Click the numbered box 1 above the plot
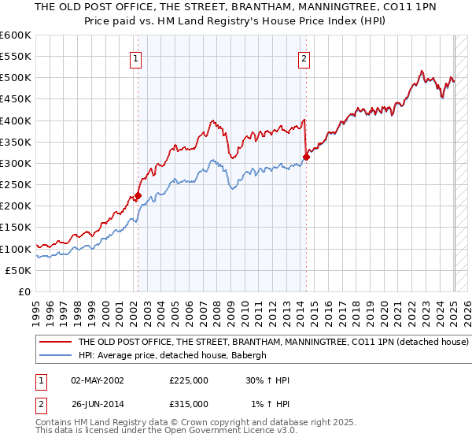pos(136,57)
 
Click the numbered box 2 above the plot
pos(304,57)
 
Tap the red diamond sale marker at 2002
pos(138,196)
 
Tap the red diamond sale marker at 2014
pos(306,157)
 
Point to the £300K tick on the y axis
pos(16,164)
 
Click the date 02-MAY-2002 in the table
pos(97,380)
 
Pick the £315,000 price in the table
pos(189,404)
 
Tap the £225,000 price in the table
pos(189,380)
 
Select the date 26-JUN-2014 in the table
pos(97,404)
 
